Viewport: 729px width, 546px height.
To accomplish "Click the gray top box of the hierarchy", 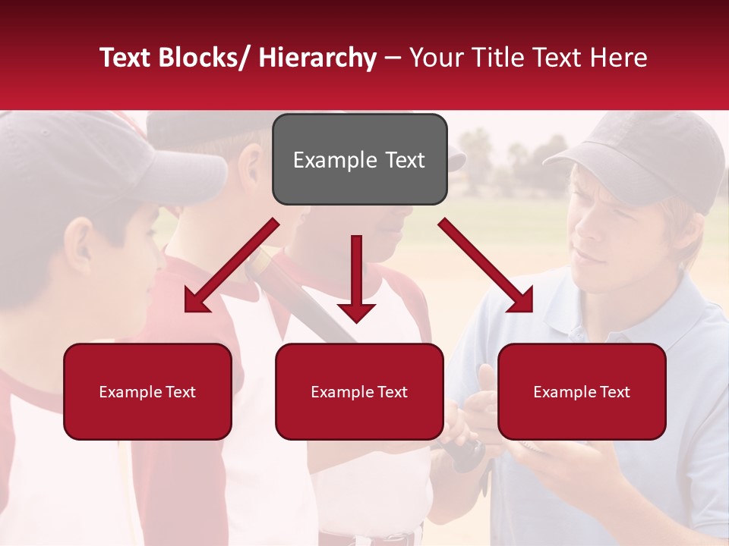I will pos(359,159).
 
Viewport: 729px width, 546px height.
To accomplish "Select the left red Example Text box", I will pos(147,391).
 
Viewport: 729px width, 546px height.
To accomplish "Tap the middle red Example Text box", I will pos(359,391).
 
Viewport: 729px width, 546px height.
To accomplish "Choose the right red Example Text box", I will pos(582,391).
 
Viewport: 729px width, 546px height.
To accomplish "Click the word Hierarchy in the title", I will pos(317,58).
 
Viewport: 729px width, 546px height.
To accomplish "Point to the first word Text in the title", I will pos(125,58).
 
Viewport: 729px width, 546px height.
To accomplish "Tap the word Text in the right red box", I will pos(613,392).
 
